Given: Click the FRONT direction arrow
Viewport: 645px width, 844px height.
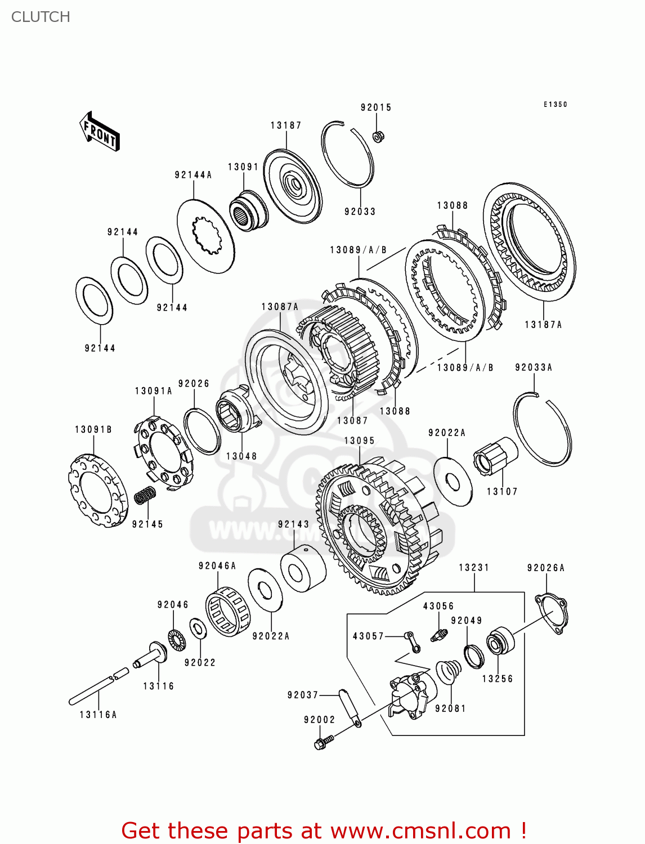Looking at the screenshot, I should (100, 132).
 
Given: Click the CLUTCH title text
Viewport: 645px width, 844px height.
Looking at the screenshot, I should (41, 17).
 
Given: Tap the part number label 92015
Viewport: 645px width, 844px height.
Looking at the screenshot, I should (376, 107).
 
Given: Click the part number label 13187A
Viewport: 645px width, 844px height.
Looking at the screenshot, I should (543, 325).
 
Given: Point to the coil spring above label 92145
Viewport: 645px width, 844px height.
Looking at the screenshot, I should (145, 495).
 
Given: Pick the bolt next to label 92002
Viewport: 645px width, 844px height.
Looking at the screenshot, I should (323, 742).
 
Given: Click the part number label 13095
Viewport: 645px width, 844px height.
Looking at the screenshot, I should (359, 441).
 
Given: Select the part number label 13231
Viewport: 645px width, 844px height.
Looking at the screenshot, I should (474, 567).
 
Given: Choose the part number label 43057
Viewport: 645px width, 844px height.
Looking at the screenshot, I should (368, 636).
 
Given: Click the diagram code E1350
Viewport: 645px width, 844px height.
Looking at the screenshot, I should (555, 104).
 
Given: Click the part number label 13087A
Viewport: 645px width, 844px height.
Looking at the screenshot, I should (280, 307).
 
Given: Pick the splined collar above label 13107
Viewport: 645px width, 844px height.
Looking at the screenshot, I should (494, 457).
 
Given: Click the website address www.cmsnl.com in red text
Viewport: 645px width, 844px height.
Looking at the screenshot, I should (420, 830).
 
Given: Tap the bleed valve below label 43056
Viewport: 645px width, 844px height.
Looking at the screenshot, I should (438, 635).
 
